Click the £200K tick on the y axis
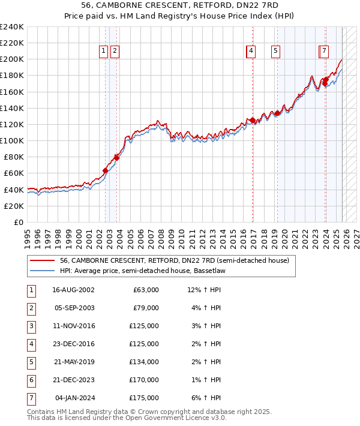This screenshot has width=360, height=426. click(x=13, y=59)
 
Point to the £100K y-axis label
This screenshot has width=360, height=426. click(x=13, y=140)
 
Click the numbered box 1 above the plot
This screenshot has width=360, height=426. click(x=104, y=52)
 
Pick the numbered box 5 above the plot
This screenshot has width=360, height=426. click(x=275, y=52)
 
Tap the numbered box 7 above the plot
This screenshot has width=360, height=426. click(x=323, y=52)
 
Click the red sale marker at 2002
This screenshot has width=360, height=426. click(x=105, y=171)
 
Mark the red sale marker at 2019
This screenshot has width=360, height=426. click(x=277, y=113)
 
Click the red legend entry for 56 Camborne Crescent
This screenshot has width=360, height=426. click(x=174, y=260)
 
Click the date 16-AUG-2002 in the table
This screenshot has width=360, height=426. click(x=73, y=290)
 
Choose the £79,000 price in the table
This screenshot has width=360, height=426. click(x=146, y=308)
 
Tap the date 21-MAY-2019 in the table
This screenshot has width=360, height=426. click(x=73, y=362)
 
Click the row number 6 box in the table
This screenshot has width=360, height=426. click(x=30, y=380)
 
